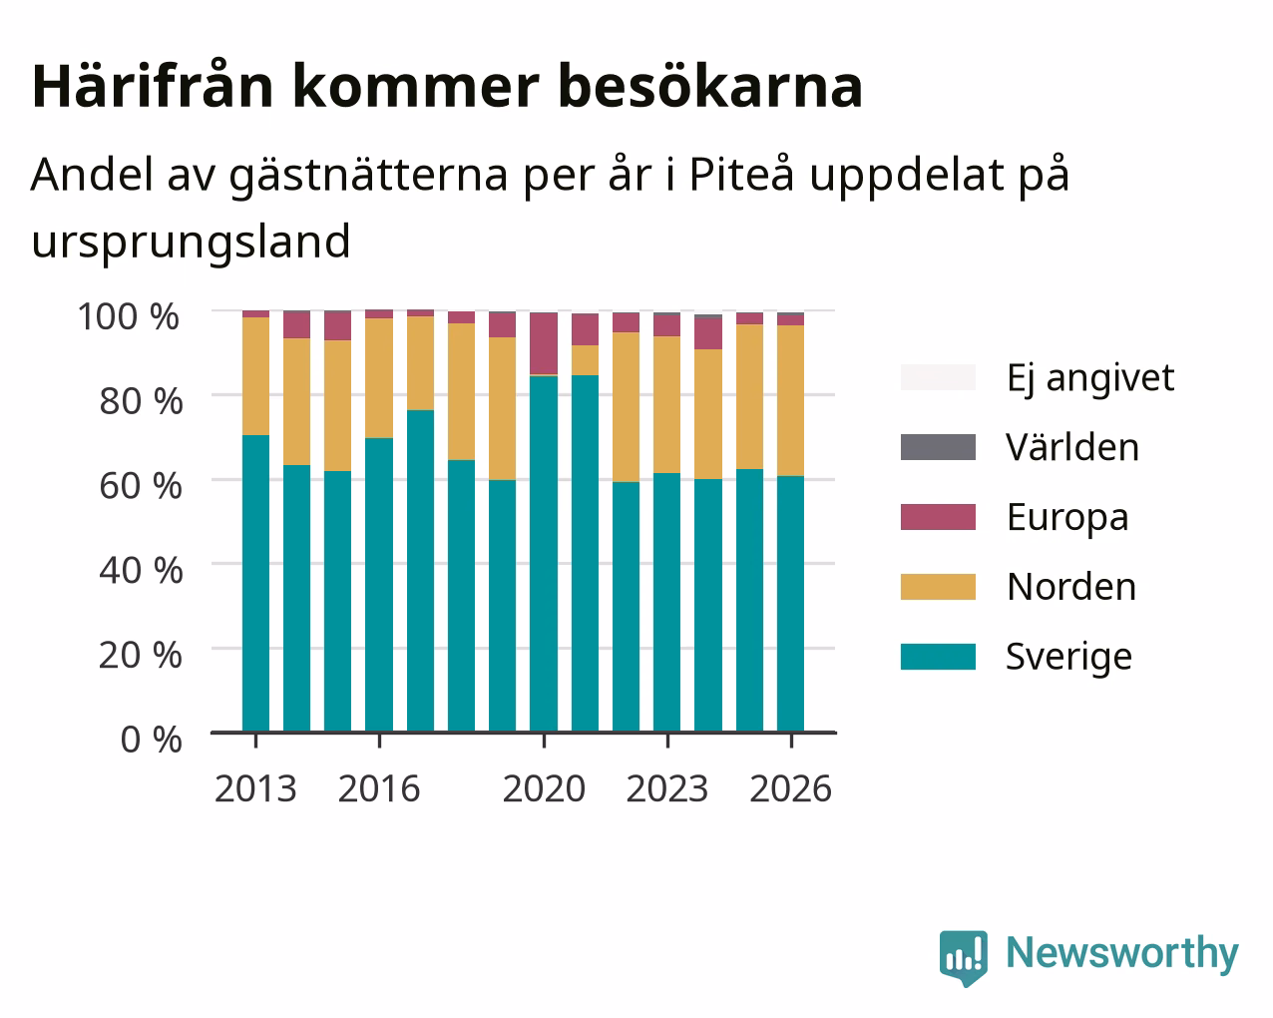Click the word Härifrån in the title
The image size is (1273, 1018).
point(152,86)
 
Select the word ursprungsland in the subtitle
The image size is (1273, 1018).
point(192,243)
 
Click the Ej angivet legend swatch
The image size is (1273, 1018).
point(938,377)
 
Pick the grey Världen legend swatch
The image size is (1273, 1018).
point(938,447)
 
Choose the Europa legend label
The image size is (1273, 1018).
point(1067,518)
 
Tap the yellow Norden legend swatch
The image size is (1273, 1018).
point(938,587)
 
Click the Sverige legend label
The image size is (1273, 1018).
point(1068,658)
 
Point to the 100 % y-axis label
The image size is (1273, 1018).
point(129,316)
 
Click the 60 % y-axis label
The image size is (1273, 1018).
point(141,486)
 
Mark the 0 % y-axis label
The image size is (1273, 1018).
point(152,740)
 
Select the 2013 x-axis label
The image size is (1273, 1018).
point(255,788)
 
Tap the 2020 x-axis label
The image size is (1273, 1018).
point(544,788)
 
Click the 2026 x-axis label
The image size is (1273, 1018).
point(791,788)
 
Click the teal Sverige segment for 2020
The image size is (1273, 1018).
point(544,554)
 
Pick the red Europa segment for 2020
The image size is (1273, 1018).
point(544,343)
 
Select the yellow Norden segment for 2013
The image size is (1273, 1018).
point(255,376)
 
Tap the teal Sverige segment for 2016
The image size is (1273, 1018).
point(379,585)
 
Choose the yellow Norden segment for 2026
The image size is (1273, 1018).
point(790,400)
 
